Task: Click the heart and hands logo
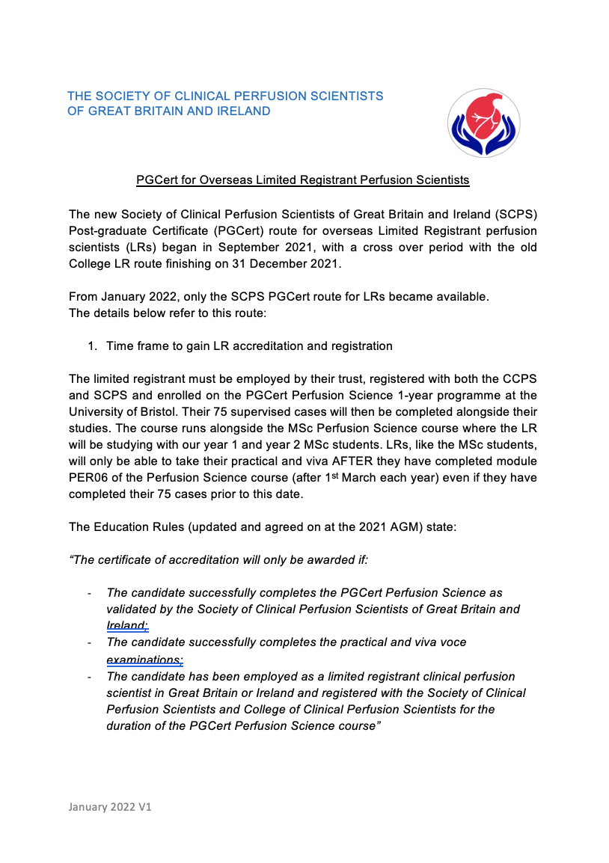tap(483, 123)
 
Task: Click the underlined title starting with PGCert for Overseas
tap(302, 180)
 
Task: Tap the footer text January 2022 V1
tap(110, 808)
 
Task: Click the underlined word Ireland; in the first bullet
tap(128, 625)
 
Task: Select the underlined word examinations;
tap(144, 659)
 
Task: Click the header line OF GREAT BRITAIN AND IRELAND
tap(169, 111)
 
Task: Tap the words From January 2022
tap(117, 297)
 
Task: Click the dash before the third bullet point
tap(89, 676)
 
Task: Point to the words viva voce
tap(441, 642)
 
